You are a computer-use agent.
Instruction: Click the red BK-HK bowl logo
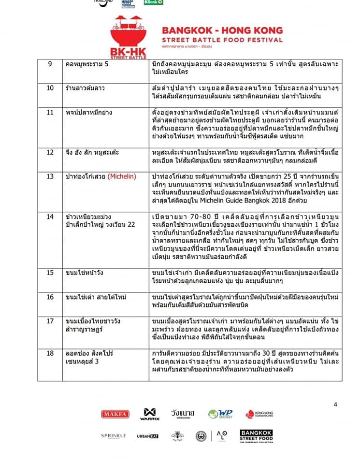coord(129,38)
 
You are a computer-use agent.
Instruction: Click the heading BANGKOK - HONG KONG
coord(222,30)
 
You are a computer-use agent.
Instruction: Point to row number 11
coord(50,113)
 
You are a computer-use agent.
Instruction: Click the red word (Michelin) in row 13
coord(122,176)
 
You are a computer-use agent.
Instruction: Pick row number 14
coord(50,217)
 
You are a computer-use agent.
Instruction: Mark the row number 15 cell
coord(50,273)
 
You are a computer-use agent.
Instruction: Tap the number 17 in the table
coord(50,320)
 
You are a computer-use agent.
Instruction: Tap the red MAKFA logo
coord(115,414)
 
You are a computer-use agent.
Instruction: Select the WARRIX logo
coord(147,414)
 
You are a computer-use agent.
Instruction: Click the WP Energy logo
coord(220,414)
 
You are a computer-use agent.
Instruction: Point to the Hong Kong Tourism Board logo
coord(256,414)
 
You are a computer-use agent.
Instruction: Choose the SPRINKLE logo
coord(114,436)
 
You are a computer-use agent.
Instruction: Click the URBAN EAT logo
coord(147,436)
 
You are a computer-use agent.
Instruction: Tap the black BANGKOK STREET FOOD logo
coord(256,436)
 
